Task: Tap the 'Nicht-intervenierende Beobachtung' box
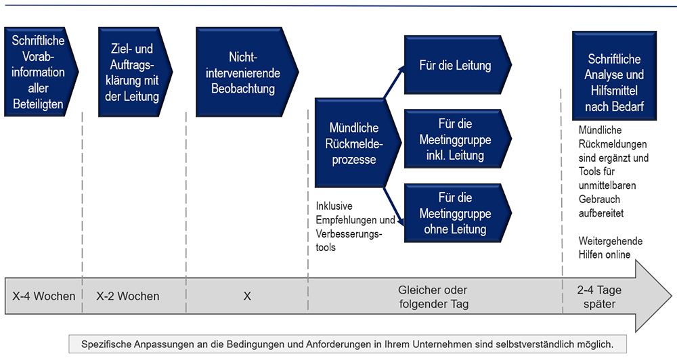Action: [x=247, y=72]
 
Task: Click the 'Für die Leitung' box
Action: [x=458, y=65]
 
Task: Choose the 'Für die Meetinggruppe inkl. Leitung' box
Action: [x=458, y=139]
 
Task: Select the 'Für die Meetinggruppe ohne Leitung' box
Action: [x=458, y=212]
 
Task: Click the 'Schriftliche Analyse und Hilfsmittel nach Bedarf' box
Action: [x=615, y=76]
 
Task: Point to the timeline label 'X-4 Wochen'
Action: [x=43, y=296]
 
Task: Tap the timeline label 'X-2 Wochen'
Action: [x=128, y=296]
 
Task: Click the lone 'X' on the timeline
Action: [x=247, y=296]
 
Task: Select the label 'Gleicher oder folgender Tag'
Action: [x=433, y=297]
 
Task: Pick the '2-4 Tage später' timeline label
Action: [x=599, y=297]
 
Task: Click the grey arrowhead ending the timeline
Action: [x=653, y=296]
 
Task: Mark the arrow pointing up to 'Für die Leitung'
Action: [x=394, y=82]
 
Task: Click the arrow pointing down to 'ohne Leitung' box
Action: [x=394, y=206]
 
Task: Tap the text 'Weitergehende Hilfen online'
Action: [x=611, y=248]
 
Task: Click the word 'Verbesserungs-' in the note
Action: [x=349, y=234]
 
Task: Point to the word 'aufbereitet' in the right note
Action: [x=601, y=213]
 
